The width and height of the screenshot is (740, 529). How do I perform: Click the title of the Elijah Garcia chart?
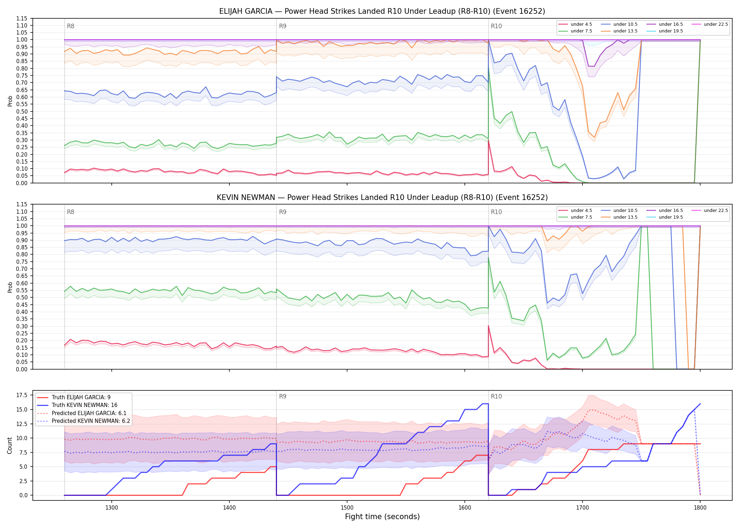coord(382,11)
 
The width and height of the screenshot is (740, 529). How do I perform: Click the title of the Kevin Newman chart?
coord(382,197)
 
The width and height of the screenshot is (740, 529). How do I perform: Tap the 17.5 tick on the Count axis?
coord(22,395)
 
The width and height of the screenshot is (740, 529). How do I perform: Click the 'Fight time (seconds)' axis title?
coord(382,517)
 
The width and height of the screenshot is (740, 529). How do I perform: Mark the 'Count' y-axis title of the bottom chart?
coord(10,445)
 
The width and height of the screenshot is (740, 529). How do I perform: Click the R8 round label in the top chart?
coord(70,26)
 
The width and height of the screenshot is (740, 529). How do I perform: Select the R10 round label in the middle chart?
coord(496,212)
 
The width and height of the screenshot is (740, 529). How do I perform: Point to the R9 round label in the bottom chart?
coord(283,396)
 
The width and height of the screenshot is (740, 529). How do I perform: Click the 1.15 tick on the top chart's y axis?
coord(22,18)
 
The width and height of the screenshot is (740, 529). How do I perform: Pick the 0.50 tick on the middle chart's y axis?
coord(22,297)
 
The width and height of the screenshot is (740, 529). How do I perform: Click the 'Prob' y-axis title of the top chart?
coord(10,101)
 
